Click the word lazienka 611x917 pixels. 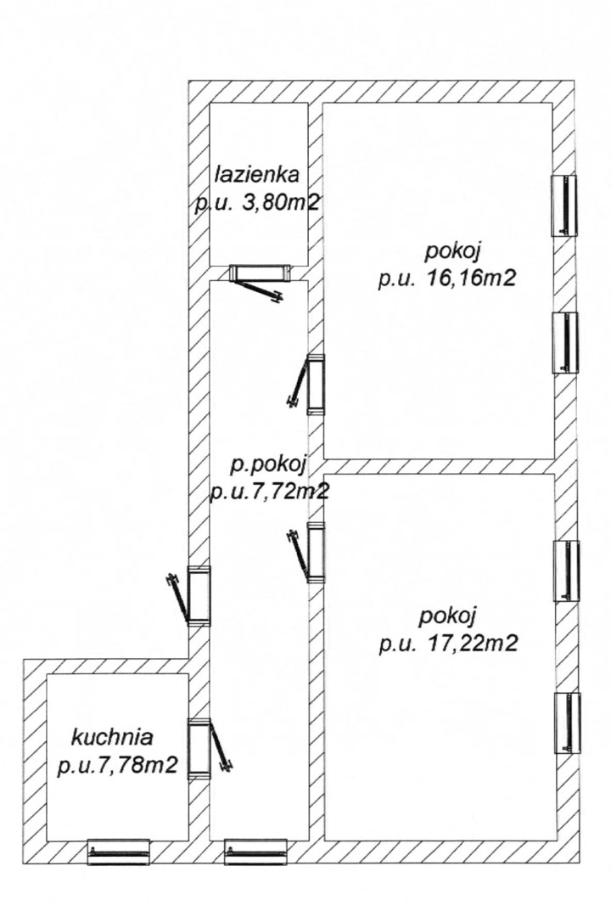click(x=258, y=174)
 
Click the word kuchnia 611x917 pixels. click(x=112, y=737)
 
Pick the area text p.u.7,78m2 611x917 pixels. click(x=117, y=766)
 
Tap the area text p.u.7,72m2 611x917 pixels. click(x=269, y=492)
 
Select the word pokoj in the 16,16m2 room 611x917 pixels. click(x=453, y=251)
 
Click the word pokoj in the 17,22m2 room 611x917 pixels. click(x=448, y=616)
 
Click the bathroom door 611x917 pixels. click(x=260, y=282)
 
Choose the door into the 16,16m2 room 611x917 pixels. click(x=307, y=384)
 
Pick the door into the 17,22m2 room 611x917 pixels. click(x=307, y=552)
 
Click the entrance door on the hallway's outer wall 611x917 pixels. click(x=189, y=598)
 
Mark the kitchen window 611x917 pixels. click(x=118, y=852)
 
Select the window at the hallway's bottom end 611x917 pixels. click(x=256, y=852)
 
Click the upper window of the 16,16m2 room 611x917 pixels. click(x=564, y=205)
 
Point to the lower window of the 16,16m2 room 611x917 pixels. click(x=565, y=343)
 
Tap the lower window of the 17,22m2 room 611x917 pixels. click(x=567, y=723)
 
